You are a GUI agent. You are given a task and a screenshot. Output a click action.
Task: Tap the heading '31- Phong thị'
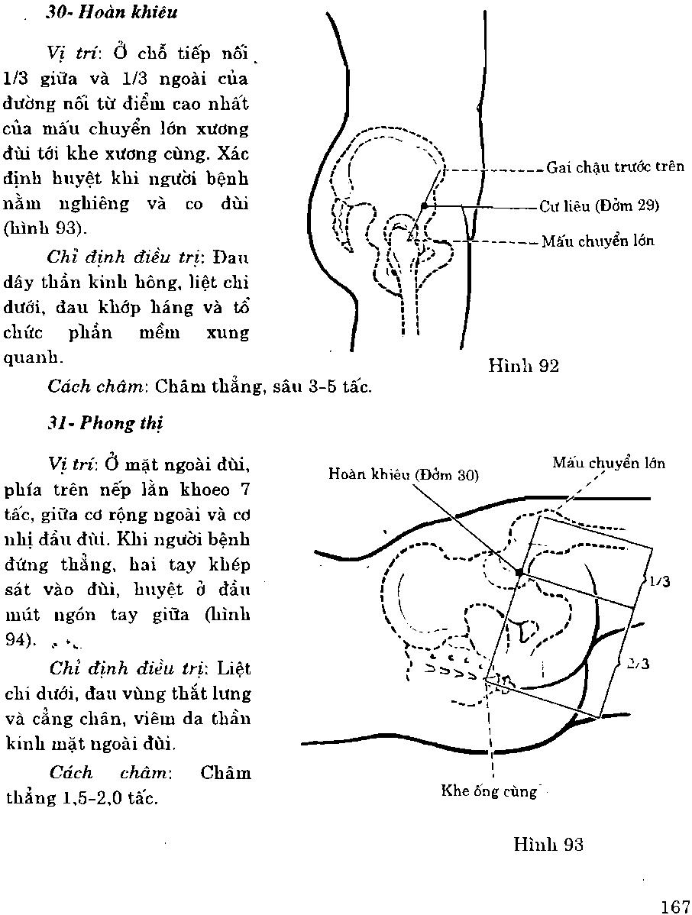(x=105, y=423)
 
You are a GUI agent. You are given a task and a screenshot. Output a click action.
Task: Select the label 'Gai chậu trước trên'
(x=615, y=167)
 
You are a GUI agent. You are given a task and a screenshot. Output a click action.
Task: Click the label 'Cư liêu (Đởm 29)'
(x=599, y=205)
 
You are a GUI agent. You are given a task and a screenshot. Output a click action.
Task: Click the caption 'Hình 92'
(x=523, y=366)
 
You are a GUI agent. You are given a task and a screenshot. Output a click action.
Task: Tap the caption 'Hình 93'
(x=548, y=844)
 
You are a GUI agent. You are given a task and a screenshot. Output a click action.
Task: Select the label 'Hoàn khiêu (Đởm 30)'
(x=403, y=474)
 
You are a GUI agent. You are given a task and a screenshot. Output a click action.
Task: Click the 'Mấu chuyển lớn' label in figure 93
(x=609, y=464)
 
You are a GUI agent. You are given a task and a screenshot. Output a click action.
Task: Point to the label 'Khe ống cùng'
(x=490, y=791)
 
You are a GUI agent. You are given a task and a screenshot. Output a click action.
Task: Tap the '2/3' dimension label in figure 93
(x=638, y=664)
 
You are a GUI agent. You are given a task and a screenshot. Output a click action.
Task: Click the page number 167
(x=675, y=906)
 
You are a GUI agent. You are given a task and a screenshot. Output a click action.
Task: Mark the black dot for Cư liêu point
(x=424, y=205)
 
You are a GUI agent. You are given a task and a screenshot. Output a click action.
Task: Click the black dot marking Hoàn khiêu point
(x=519, y=572)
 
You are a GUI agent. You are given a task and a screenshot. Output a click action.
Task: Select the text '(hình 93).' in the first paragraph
(x=41, y=228)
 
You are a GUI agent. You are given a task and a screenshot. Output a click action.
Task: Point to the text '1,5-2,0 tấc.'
(x=114, y=799)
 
